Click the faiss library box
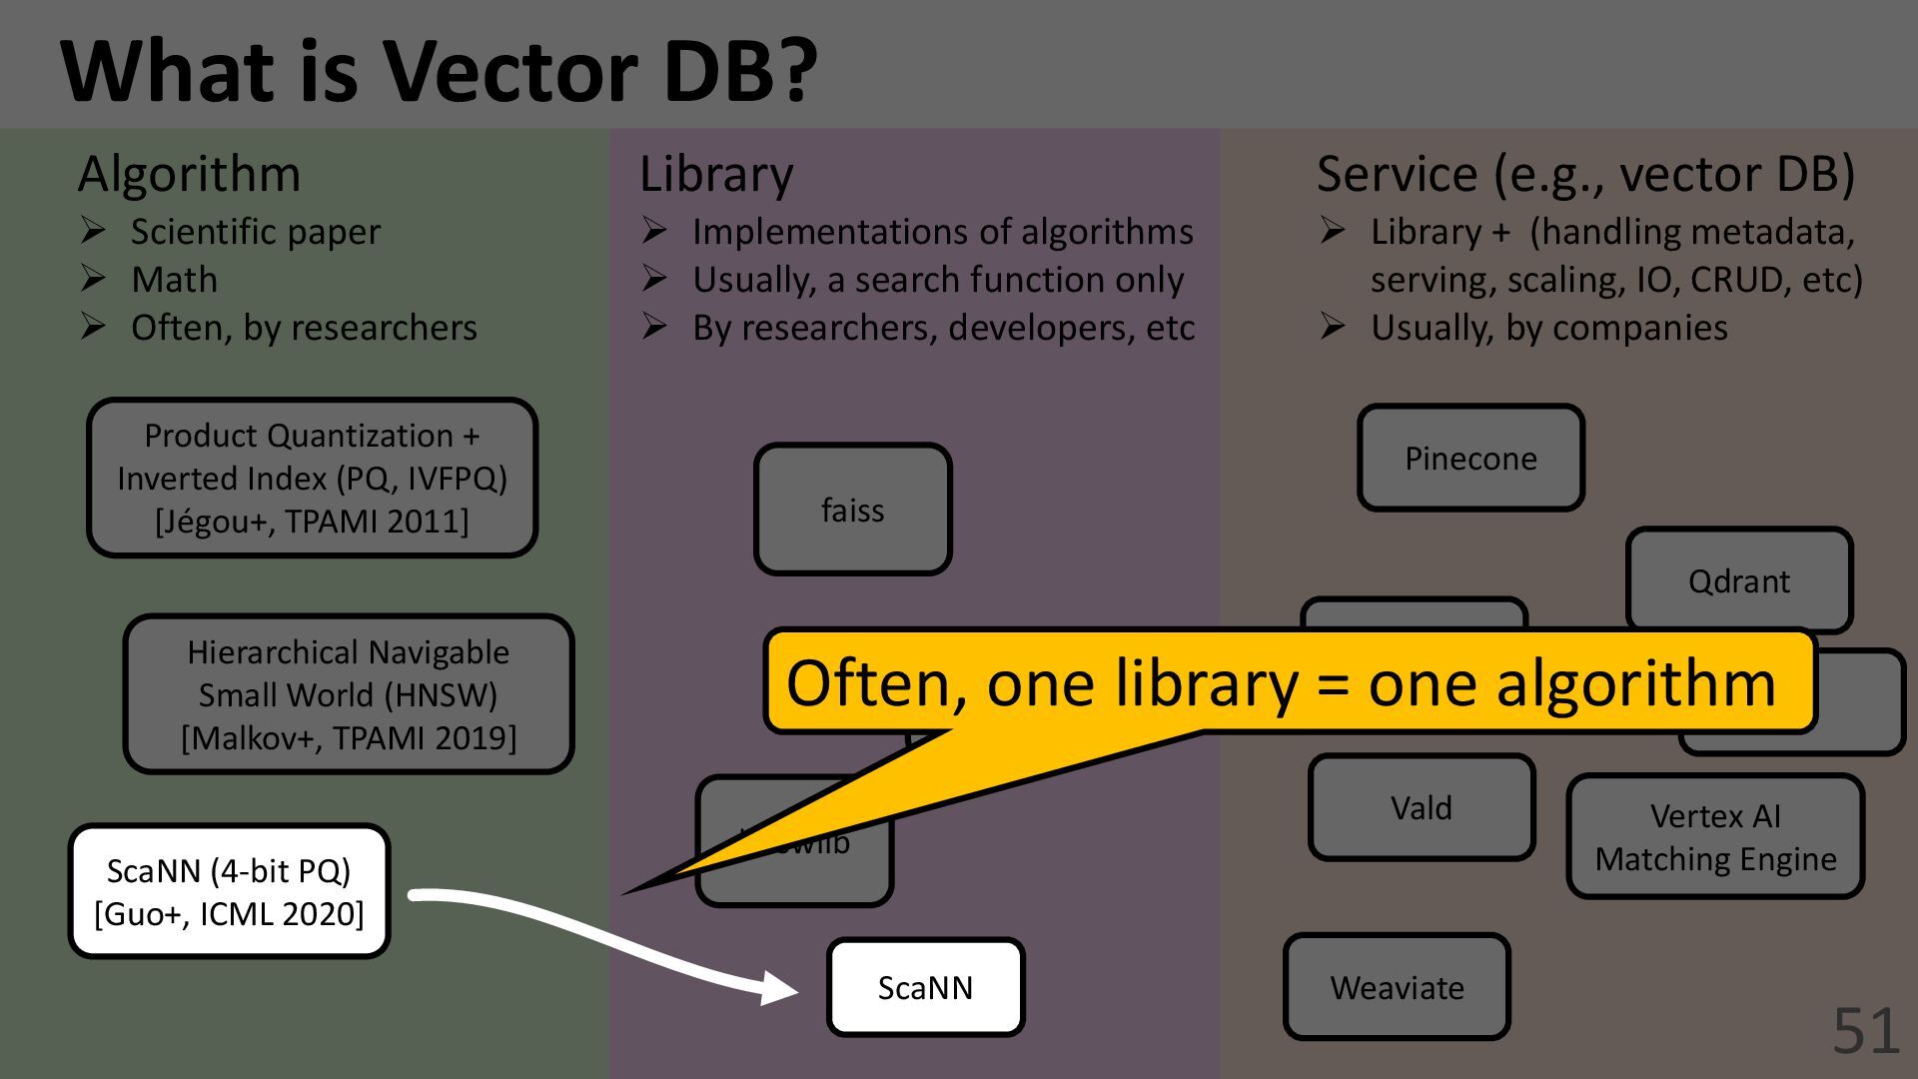[x=852, y=510]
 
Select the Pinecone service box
[x=1470, y=459]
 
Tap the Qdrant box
[x=1738, y=580]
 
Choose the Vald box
[x=1421, y=807]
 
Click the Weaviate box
[x=1397, y=987]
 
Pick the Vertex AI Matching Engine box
[x=1715, y=837]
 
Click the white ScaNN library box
[x=925, y=987]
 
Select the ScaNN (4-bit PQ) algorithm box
[x=229, y=891]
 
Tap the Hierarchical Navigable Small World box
[x=349, y=694]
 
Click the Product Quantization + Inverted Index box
[x=312, y=478]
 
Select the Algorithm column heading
[x=189, y=174]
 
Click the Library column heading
[x=716, y=174]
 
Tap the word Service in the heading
[x=1396, y=174]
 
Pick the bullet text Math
[x=174, y=280]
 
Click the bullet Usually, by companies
[x=1548, y=328]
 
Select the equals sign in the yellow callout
[x=1333, y=685]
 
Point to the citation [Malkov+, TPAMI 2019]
[x=349, y=737]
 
